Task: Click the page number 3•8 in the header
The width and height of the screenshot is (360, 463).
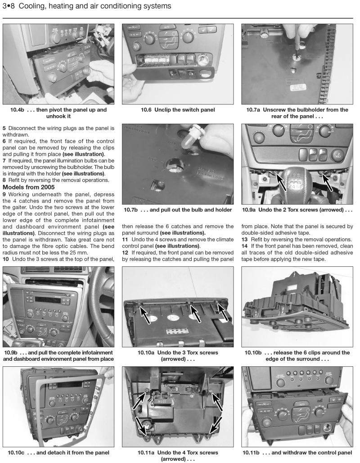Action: (10, 6)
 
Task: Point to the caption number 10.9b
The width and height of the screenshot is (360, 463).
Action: (13, 352)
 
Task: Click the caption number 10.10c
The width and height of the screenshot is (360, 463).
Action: (14, 452)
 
